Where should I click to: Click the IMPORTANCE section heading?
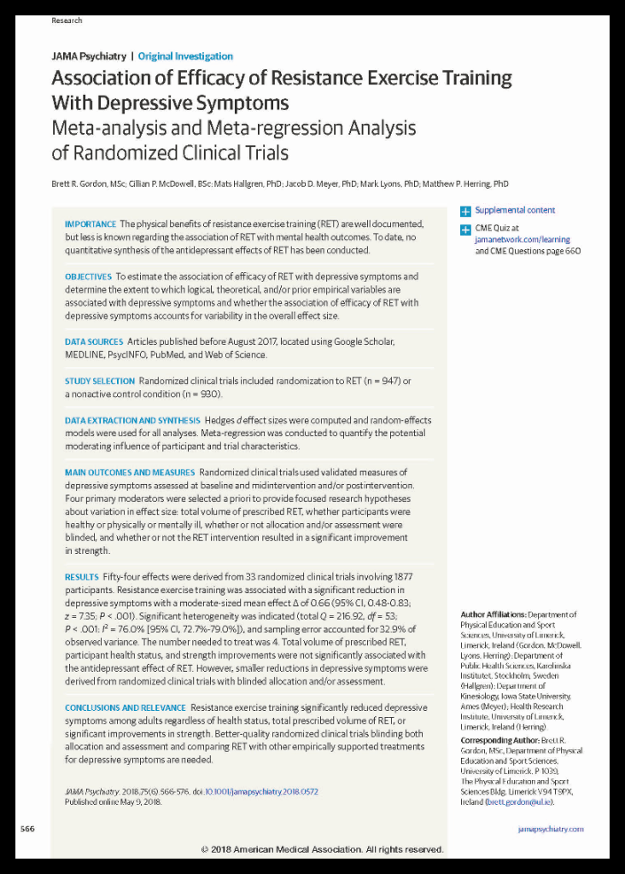click(x=91, y=224)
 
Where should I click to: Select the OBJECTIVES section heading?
click(x=88, y=277)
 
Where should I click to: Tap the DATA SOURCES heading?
click(x=94, y=342)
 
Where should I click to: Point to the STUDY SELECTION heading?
click(x=99, y=382)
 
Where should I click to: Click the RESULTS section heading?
click(x=81, y=578)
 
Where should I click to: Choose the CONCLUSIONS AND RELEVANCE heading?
click(x=125, y=708)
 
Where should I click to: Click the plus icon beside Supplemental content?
click(x=465, y=211)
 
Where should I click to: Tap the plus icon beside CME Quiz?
click(x=465, y=230)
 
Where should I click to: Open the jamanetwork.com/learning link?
click(x=523, y=241)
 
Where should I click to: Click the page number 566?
click(x=28, y=830)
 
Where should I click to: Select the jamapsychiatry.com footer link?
click(x=552, y=830)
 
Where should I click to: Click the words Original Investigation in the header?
click(x=185, y=56)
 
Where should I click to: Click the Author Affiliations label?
click(x=492, y=615)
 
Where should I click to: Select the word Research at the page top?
click(x=67, y=20)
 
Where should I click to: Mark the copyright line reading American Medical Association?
click(x=322, y=850)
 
